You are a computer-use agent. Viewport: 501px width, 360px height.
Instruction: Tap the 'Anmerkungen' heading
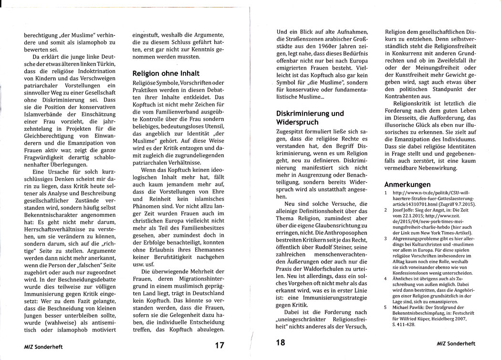[409, 185]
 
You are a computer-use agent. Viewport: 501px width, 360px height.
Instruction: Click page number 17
[219, 345]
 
